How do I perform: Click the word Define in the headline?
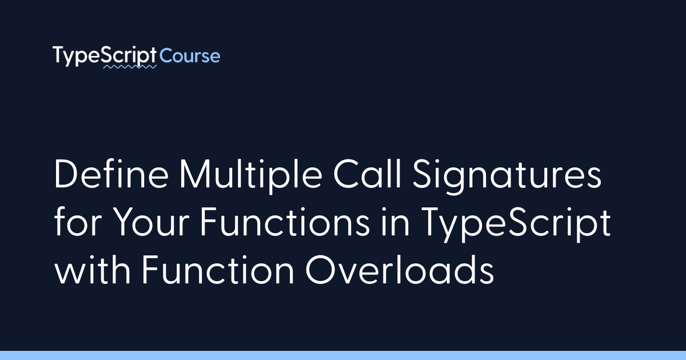[111, 174]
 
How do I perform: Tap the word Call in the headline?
[367, 174]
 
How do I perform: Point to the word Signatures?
[507, 177]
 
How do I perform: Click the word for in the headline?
[78, 221]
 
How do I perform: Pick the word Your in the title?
[151, 222]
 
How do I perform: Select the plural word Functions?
[285, 221]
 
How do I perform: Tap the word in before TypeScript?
[395, 221]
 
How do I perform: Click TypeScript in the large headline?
[516, 225]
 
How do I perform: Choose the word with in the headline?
[92, 269]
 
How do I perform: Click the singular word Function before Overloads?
[217, 269]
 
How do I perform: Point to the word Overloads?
[400, 269]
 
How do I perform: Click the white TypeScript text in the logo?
[105, 56]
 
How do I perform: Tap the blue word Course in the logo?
[190, 56]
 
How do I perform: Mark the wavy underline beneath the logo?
[130, 66]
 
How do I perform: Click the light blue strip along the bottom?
[343, 355]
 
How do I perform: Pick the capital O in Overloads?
[320, 269]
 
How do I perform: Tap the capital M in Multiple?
[195, 174]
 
